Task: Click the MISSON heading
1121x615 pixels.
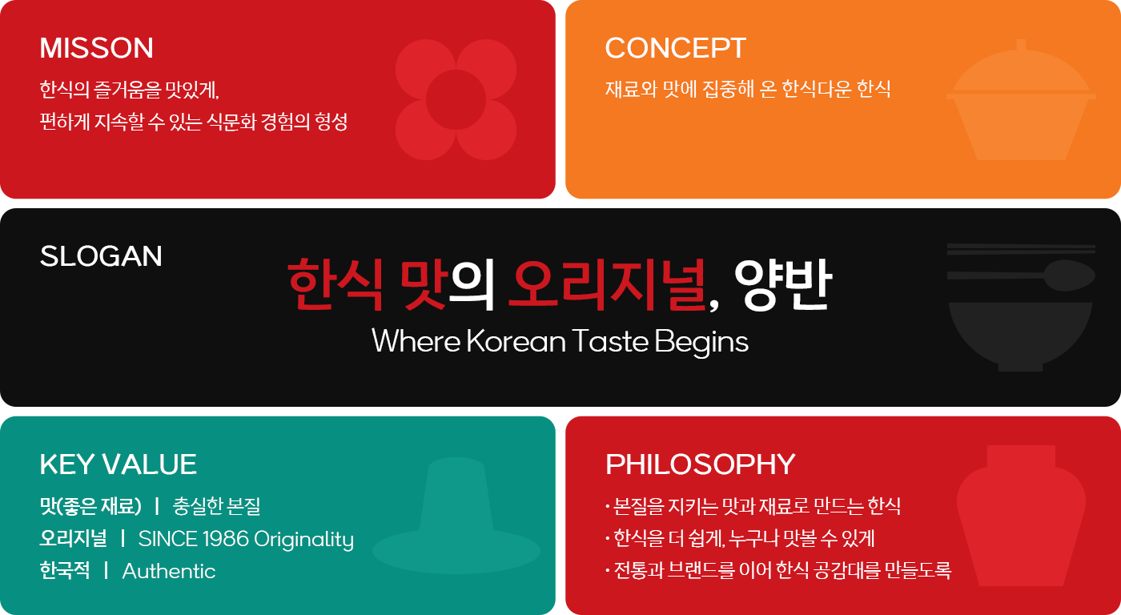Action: (x=97, y=48)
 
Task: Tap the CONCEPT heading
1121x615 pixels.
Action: (x=676, y=48)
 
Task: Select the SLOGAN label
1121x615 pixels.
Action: (x=101, y=256)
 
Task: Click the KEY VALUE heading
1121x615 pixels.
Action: (x=119, y=464)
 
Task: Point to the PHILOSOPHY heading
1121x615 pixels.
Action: (x=700, y=464)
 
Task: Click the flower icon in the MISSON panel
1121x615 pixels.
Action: (x=456, y=99)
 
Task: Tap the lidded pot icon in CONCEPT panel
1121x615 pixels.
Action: (x=1021, y=100)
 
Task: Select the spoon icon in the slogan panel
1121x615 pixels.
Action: (x=1021, y=275)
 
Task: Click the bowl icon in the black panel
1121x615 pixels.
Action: (x=1020, y=336)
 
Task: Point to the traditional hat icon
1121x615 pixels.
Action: (x=456, y=516)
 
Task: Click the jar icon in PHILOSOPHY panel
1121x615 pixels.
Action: (x=1022, y=516)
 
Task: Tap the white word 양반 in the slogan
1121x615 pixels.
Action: (x=783, y=284)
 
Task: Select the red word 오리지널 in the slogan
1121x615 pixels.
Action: (x=607, y=284)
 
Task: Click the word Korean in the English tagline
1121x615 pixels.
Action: (x=516, y=341)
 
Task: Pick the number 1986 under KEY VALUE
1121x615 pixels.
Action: (x=226, y=539)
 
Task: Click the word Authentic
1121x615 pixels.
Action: (x=169, y=571)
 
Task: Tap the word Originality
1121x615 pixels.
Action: (x=303, y=540)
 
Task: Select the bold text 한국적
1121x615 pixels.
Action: (x=65, y=570)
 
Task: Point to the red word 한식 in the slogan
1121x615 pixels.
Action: (x=335, y=284)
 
